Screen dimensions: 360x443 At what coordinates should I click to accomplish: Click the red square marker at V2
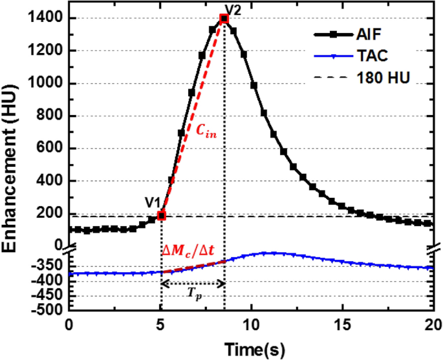(224, 19)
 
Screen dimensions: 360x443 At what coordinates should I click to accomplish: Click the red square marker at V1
(162, 215)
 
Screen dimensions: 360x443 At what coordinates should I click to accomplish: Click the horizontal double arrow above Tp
(193, 282)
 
